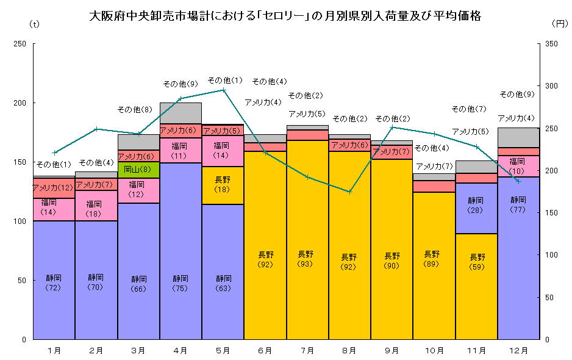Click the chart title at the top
click(285, 16)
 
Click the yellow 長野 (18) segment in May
click(223, 185)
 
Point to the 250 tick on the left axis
click(21, 44)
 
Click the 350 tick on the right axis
click(550, 44)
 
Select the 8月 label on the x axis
click(349, 350)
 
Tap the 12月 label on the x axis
click(518, 350)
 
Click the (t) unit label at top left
click(34, 24)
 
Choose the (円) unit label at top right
click(559, 24)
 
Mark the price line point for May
click(223, 90)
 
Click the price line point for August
click(349, 192)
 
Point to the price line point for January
click(54, 153)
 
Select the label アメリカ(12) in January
click(53, 187)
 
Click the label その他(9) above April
click(180, 84)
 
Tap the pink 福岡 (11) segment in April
click(181, 150)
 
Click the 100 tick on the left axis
click(21, 221)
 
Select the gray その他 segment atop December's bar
click(518, 137)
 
